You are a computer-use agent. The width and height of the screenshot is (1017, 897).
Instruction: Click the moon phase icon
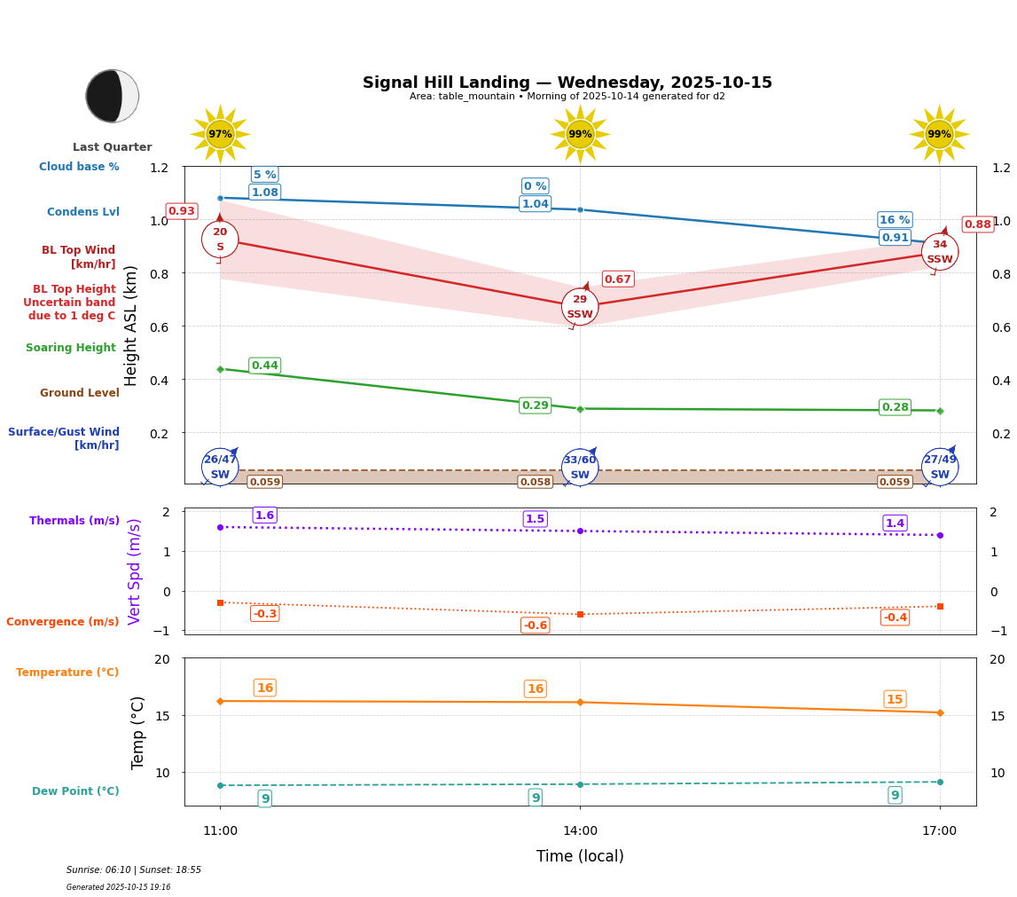click(x=113, y=96)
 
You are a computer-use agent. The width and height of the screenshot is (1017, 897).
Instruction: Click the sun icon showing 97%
click(x=220, y=134)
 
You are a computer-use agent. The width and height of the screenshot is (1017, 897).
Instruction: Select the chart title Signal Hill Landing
click(x=567, y=83)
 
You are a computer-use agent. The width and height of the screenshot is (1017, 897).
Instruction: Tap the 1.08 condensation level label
click(x=265, y=193)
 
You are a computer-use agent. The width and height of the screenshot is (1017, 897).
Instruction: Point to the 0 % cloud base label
click(x=536, y=186)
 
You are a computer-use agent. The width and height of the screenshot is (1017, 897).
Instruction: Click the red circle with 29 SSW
click(x=580, y=307)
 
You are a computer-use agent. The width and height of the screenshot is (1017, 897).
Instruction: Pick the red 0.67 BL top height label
click(x=618, y=279)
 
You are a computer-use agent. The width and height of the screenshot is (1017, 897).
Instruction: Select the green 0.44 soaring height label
click(x=265, y=366)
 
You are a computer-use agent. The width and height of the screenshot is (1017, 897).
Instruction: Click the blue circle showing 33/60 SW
click(x=580, y=467)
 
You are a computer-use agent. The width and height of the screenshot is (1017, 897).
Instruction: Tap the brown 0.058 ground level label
click(x=536, y=482)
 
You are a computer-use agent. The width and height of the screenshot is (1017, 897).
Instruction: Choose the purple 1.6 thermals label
click(x=265, y=515)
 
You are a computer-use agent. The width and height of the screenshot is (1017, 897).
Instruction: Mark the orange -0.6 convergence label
click(x=536, y=626)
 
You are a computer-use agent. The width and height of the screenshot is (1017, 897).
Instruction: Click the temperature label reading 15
click(x=895, y=699)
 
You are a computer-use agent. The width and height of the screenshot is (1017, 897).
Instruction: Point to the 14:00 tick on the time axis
click(x=580, y=831)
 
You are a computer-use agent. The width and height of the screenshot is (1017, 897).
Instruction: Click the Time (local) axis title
click(x=580, y=856)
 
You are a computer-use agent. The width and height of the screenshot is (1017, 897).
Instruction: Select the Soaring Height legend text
click(x=71, y=348)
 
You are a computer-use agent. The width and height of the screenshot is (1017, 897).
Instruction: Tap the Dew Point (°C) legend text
click(x=75, y=791)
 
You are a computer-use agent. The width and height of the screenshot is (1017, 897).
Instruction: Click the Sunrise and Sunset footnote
click(x=134, y=870)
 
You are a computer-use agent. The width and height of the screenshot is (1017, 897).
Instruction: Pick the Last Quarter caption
click(x=113, y=147)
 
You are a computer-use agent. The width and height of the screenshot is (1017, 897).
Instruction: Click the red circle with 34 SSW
click(x=940, y=252)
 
